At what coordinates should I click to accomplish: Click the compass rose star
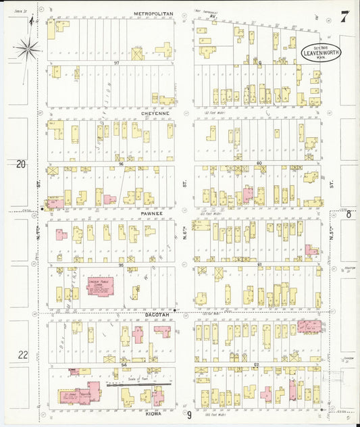[x=28, y=47]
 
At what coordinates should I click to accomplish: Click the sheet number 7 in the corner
[x=344, y=17]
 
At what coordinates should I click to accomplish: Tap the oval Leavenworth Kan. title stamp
[x=321, y=51]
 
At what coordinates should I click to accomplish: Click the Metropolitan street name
[x=153, y=13]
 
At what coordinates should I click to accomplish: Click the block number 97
[x=115, y=63]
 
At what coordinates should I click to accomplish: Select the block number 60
[x=259, y=163]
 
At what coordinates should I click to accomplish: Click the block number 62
[x=257, y=365]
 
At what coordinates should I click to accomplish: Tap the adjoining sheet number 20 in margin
[x=21, y=164]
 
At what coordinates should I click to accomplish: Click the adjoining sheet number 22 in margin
[x=22, y=354]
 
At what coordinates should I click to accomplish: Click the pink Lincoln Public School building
[x=101, y=286]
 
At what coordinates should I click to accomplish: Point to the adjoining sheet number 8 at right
[x=349, y=214]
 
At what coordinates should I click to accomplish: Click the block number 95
[x=121, y=265]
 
